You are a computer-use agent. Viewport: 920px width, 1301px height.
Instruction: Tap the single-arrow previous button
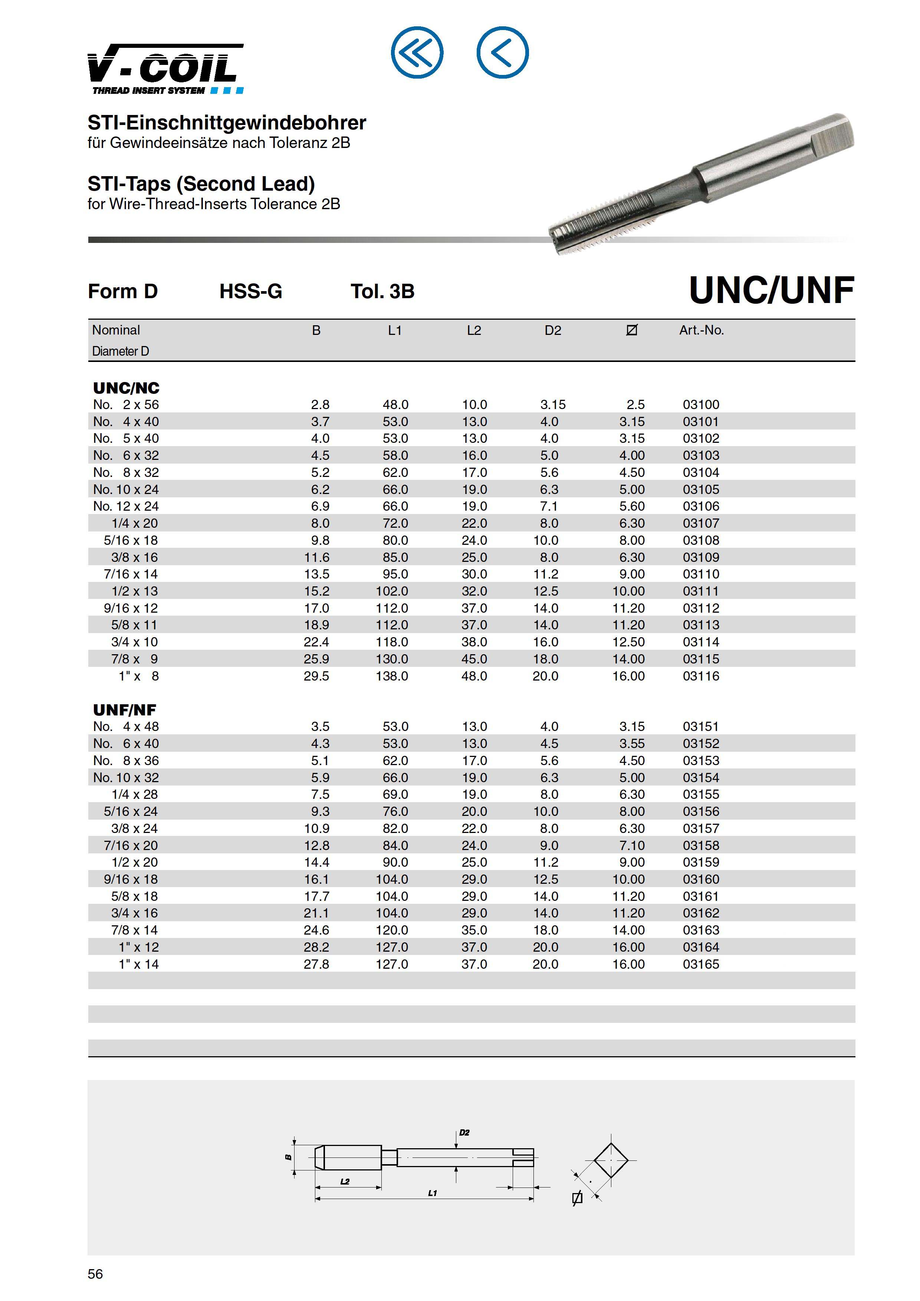(502, 53)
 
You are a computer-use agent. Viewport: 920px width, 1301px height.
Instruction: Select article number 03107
(701, 523)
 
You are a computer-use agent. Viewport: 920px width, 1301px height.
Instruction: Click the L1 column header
(395, 330)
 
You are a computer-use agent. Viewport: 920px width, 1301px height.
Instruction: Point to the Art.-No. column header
(701, 330)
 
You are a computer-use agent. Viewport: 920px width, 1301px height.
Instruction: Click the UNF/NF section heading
(124, 709)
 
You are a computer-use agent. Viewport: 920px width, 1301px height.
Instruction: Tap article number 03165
(701, 964)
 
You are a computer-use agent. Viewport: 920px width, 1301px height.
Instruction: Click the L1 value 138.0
(392, 676)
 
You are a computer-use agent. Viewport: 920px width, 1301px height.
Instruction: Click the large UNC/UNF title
(771, 291)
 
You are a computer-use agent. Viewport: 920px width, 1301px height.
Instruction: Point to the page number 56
(95, 1274)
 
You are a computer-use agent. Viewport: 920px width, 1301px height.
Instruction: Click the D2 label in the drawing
(464, 1132)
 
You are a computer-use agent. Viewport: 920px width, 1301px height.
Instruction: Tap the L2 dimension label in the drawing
(345, 1182)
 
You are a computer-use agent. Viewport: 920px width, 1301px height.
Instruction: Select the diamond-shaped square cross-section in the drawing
(611, 1160)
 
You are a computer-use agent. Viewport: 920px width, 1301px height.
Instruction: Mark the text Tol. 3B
(382, 291)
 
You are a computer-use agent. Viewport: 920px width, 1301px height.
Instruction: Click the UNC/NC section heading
(126, 388)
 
